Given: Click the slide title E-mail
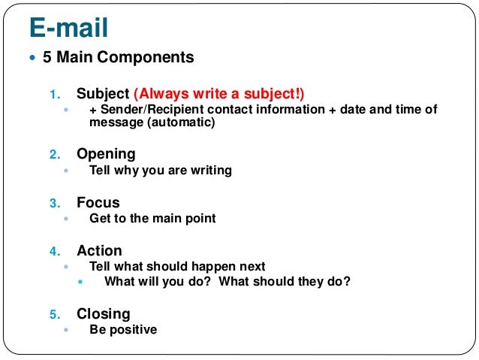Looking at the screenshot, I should click(68, 28).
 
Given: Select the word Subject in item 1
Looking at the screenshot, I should click(103, 95).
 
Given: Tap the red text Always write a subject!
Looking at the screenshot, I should click(220, 95).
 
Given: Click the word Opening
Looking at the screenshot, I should click(106, 154).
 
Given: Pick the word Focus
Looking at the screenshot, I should click(98, 202).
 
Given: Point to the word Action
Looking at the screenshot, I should click(99, 250).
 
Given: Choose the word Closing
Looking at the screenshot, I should click(103, 313).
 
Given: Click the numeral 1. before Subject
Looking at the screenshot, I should click(54, 95).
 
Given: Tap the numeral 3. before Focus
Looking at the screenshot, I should click(54, 203).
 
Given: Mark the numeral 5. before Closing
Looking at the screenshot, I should click(54, 314).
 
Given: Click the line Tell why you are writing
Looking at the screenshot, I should click(160, 171).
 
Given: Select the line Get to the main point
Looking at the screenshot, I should click(152, 219).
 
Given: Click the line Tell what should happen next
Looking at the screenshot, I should click(177, 267).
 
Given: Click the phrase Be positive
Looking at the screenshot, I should click(123, 330).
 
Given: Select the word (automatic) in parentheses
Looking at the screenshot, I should click(181, 123).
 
